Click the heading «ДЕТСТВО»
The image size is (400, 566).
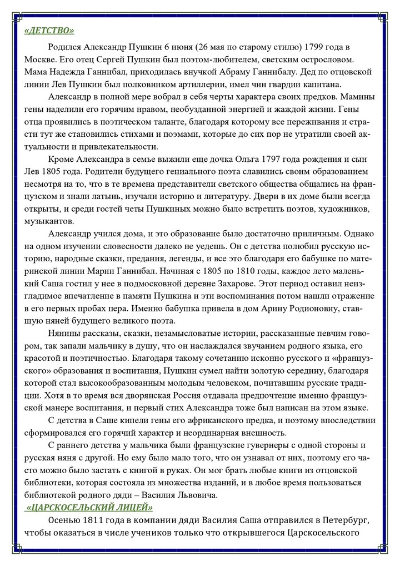click(x=49, y=31)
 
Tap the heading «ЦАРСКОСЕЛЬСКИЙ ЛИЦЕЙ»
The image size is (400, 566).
click(x=89, y=507)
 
